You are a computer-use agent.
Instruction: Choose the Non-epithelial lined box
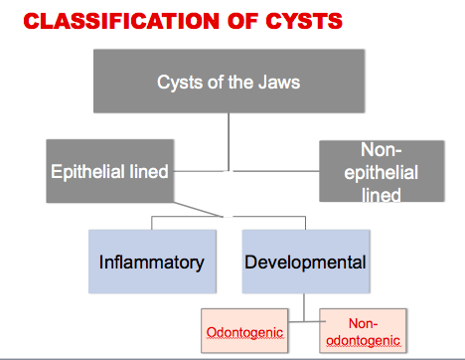point(383,171)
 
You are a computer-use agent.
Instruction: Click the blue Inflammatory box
point(151,263)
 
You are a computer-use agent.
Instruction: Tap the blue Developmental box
point(305,263)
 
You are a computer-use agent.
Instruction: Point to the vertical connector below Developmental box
point(304,300)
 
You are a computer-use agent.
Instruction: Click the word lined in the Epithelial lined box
point(146,171)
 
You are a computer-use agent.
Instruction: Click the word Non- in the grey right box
point(383,150)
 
